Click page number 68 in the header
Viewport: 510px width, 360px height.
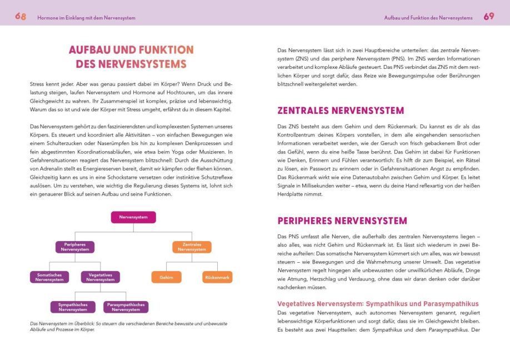pyautogui.click(x=21, y=17)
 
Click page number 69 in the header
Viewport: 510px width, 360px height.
pyautogui.click(x=488, y=17)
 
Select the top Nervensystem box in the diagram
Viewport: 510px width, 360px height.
pyautogui.click(x=133, y=217)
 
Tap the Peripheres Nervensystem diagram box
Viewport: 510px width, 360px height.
pyautogui.click(x=74, y=247)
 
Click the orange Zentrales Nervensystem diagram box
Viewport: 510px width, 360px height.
pyautogui.click(x=192, y=247)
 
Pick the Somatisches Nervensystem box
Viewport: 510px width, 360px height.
pyautogui.click(x=49, y=277)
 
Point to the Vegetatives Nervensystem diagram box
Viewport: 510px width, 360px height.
pyautogui.click(x=100, y=277)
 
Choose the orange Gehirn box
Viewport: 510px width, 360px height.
pyautogui.click(x=166, y=277)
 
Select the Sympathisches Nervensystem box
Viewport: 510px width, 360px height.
pyautogui.click(x=73, y=307)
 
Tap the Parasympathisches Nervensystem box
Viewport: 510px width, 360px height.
pyautogui.click(x=126, y=307)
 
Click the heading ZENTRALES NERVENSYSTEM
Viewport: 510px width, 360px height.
pyautogui.click(x=341, y=110)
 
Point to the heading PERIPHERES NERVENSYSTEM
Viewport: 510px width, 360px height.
pyautogui.click(x=342, y=221)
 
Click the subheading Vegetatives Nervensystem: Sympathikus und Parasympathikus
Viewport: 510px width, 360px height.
pyautogui.click(x=377, y=304)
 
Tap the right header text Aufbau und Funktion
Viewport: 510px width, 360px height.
pyautogui.click(x=428, y=18)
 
